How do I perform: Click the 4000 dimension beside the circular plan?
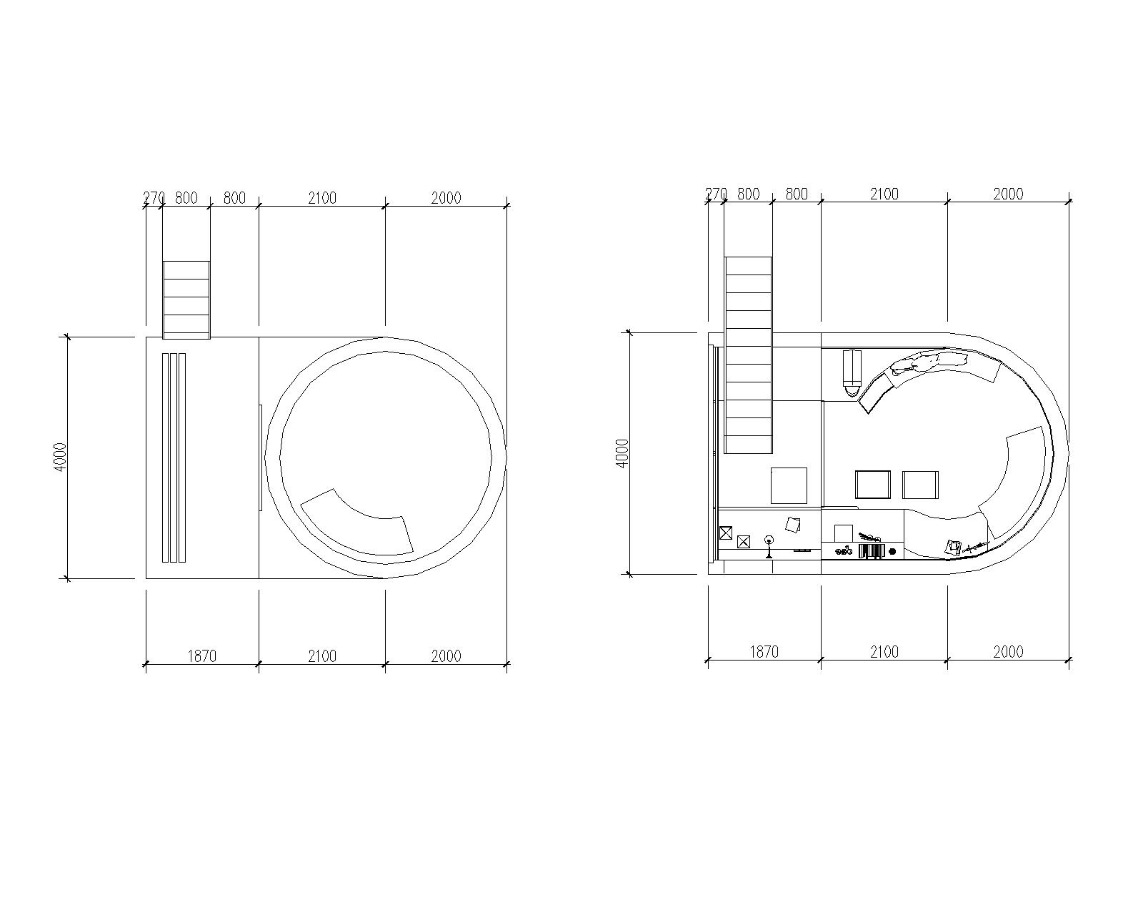(61, 457)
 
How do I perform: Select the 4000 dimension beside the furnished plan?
(622, 453)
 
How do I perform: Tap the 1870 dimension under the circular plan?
(202, 657)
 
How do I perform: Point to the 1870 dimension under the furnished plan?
(764, 653)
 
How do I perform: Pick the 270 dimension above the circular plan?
(154, 198)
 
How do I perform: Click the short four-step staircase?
(186, 300)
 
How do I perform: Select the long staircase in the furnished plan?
(749, 355)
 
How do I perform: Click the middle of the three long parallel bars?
(174, 457)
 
